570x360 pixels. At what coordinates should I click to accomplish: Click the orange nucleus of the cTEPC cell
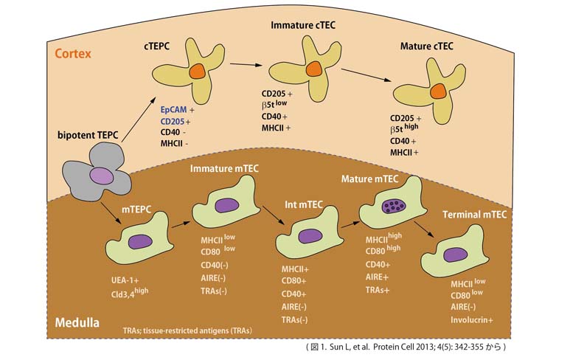pyautogui.click(x=195, y=72)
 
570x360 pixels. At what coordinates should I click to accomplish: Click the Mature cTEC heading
pyautogui.click(x=426, y=46)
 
